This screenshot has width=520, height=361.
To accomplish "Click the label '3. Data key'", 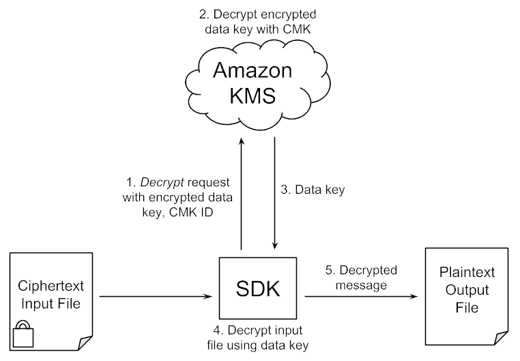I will (313, 190).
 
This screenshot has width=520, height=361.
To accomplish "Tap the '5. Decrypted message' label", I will (359, 276).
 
